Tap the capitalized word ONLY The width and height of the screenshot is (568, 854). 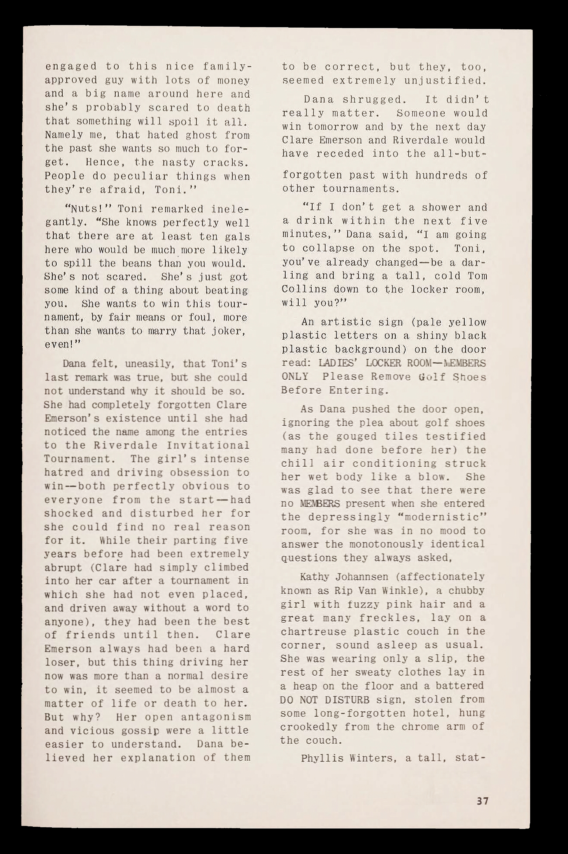(295, 376)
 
